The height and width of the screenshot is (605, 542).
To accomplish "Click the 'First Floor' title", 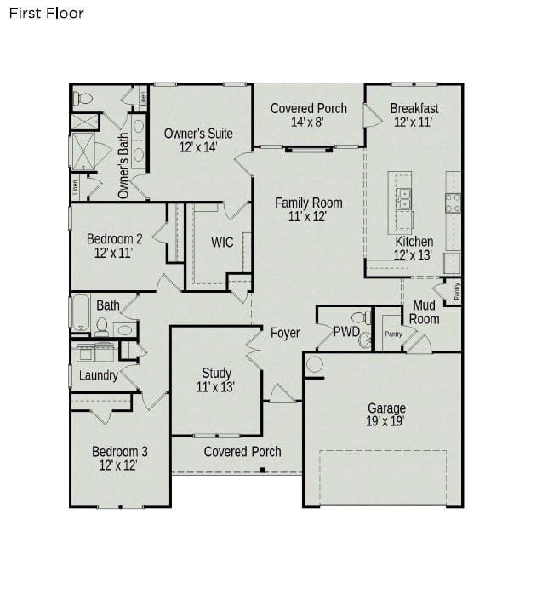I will coord(47,14).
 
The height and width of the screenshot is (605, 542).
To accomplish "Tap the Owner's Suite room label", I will coord(198,134).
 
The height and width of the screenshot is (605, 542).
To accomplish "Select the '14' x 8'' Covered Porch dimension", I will coord(308,122).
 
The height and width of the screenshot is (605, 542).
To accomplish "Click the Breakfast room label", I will coord(414,108).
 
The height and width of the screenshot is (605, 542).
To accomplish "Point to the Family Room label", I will coord(308,203).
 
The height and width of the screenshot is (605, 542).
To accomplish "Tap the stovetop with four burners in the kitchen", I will coord(454,203).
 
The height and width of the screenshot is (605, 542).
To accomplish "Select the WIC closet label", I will coord(222,243).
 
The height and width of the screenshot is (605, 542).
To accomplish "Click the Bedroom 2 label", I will coord(114,239).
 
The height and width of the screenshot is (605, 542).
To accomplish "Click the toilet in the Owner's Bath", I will coord(83,99).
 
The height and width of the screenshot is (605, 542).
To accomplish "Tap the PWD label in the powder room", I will coord(346,331).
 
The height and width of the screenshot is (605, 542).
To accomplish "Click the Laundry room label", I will coord(99,375).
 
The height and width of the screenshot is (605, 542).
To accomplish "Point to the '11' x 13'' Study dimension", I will coord(216,386).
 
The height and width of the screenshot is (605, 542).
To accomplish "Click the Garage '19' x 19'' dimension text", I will coord(385,421).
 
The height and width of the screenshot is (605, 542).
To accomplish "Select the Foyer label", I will coord(285,333).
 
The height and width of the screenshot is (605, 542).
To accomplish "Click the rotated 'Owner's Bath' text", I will coord(123,166).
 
